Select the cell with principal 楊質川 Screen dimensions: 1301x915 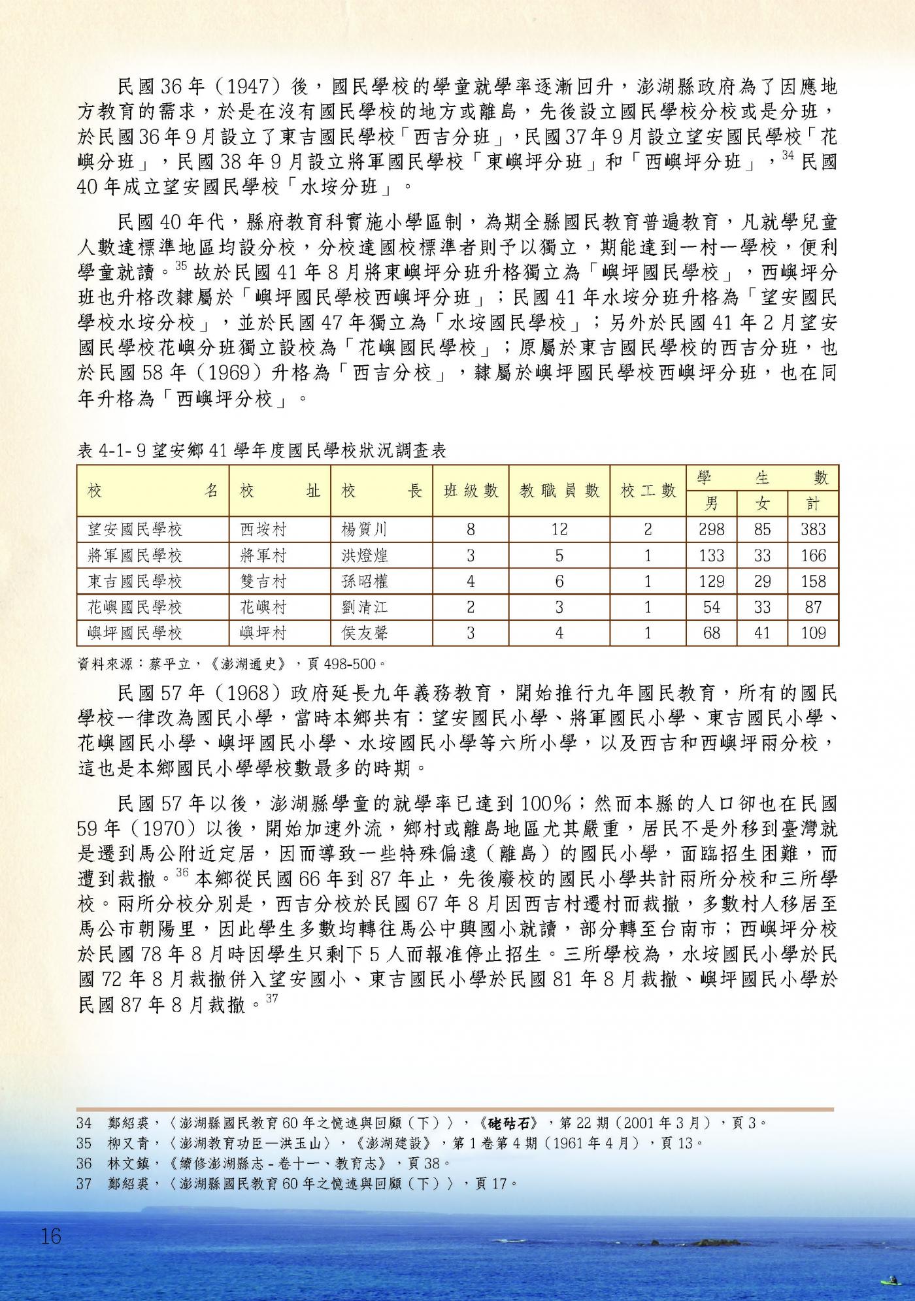365,529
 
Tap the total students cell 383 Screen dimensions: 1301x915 813,529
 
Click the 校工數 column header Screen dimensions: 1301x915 648,491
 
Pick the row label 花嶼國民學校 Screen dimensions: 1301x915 135,607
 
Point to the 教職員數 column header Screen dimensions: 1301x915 559,491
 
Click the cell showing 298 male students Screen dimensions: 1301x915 711,529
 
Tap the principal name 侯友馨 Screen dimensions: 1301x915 365,633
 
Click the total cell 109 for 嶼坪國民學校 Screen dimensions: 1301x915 813,633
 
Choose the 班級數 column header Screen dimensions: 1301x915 471,491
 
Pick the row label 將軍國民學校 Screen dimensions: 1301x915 135,555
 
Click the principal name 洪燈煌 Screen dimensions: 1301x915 365,555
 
